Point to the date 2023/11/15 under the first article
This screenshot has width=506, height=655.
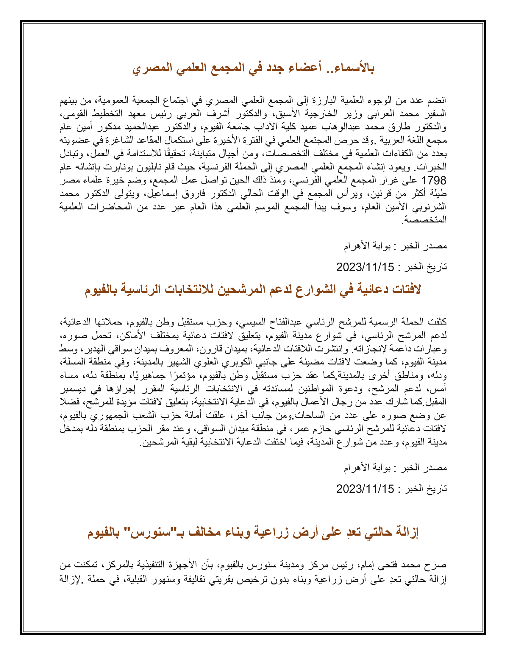click(x=365, y=267)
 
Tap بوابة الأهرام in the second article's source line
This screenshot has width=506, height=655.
click(x=368, y=467)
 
